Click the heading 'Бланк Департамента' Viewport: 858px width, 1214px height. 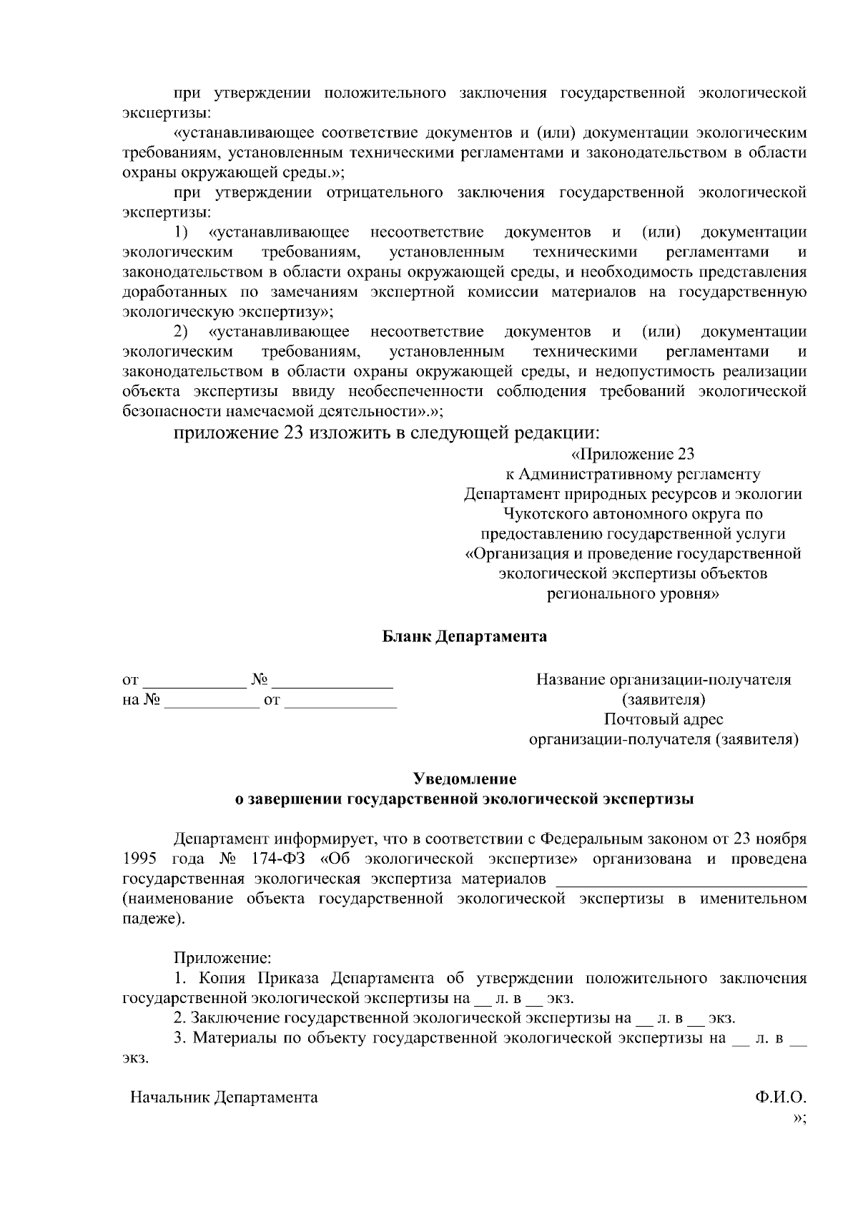[464, 636]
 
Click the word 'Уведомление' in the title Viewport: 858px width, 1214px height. [465, 779]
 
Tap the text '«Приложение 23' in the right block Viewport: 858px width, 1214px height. [632, 455]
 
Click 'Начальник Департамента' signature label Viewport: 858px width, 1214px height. [224, 1097]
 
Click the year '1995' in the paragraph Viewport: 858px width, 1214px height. [139, 859]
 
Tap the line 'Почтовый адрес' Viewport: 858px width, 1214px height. [663, 719]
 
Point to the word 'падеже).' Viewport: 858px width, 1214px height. [154, 919]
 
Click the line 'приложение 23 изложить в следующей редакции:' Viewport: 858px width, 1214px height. [386, 433]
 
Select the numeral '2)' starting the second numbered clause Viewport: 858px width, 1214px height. [182, 332]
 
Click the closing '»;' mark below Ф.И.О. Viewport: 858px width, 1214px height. [799, 1118]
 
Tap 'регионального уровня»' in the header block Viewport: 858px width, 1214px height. [633, 593]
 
